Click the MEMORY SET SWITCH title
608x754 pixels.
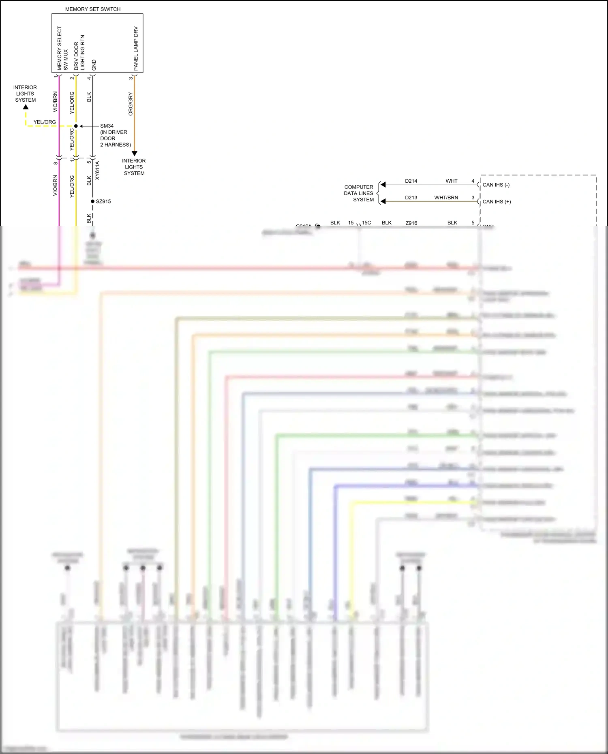pyautogui.click(x=93, y=9)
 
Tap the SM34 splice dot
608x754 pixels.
pyautogui.click(x=76, y=126)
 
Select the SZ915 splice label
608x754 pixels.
pyautogui.click(x=103, y=201)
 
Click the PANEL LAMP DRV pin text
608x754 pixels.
pyautogui.click(x=136, y=49)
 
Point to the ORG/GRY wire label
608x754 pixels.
pyautogui.click(x=131, y=104)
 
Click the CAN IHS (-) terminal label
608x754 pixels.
pyautogui.click(x=496, y=185)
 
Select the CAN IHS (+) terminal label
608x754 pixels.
pyautogui.click(x=497, y=201)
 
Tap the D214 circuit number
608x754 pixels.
pyautogui.click(x=411, y=181)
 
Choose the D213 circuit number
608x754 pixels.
pyautogui.click(x=411, y=198)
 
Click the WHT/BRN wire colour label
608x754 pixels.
pyautogui.click(x=446, y=198)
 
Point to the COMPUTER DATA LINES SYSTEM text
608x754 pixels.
pyautogui.click(x=359, y=193)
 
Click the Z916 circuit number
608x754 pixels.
pyautogui.click(x=411, y=223)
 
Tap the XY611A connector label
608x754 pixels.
pyautogui.click(x=97, y=171)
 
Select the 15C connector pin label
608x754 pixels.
pyautogui.click(x=366, y=223)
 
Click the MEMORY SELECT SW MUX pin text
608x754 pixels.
pyautogui.click(x=62, y=49)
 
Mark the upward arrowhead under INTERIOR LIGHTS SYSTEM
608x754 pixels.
pyautogui.click(x=26, y=107)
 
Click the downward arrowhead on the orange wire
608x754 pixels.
pyautogui.click(x=135, y=154)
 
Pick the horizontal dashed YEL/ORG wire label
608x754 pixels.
pyautogui.click(x=45, y=122)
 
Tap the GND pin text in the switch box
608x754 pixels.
pyautogui.click(x=94, y=65)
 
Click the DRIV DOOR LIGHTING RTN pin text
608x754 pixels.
pyautogui.click(x=79, y=53)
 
